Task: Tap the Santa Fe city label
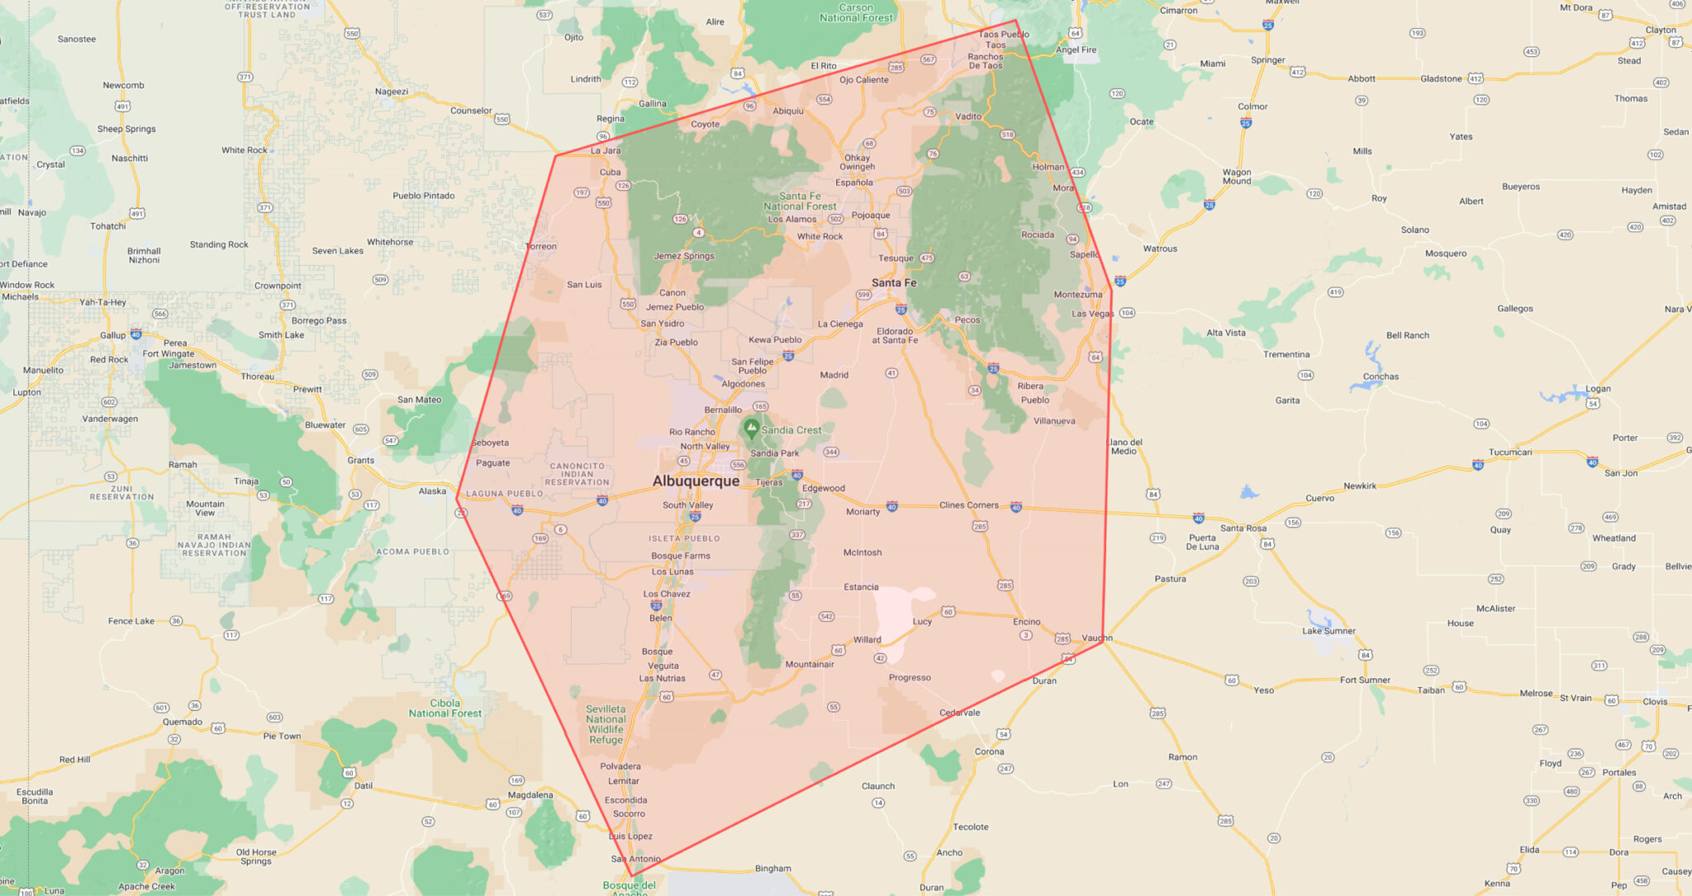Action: point(894,282)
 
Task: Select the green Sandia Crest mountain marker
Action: point(751,428)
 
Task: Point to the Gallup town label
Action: point(113,335)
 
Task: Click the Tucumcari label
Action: point(1510,452)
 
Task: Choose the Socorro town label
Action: point(629,813)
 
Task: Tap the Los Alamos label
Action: point(792,219)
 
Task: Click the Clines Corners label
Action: point(969,505)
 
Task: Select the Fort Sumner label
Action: point(1365,680)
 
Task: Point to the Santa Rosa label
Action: point(1243,528)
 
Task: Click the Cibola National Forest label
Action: point(445,709)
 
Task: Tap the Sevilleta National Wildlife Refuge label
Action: point(606,724)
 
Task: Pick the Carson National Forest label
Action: point(856,12)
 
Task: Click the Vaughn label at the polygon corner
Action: point(1097,638)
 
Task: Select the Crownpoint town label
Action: point(278,286)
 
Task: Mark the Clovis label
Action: point(1655,701)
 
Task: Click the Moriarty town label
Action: point(863,511)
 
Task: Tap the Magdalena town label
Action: point(530,795)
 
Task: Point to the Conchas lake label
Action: point(1381,377)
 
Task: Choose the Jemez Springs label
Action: point(684,256)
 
